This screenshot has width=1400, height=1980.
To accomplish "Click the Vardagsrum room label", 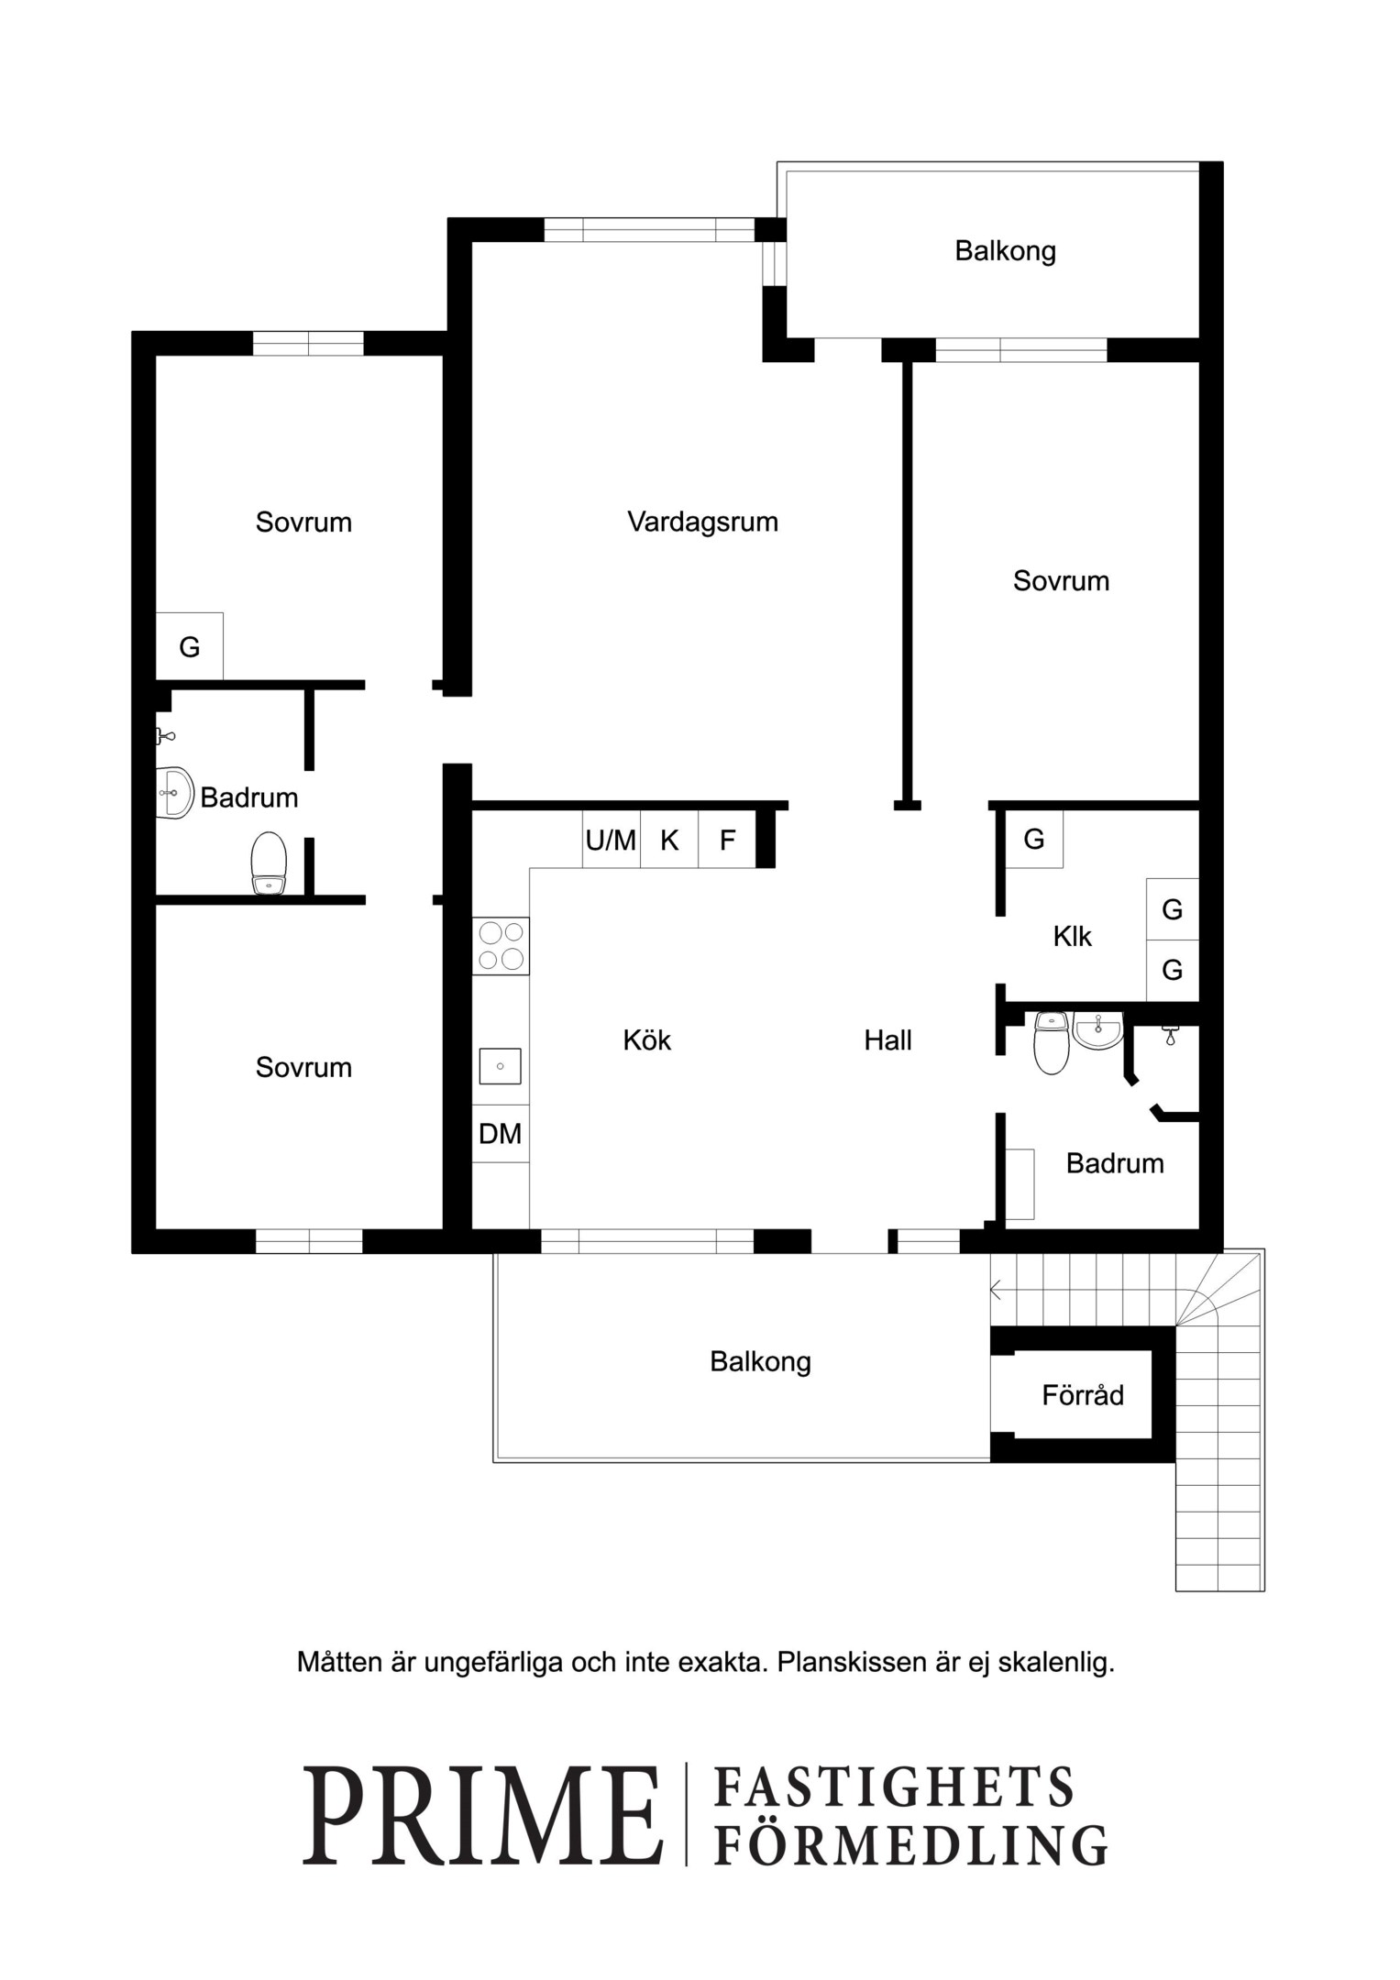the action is click(x=702, y=522).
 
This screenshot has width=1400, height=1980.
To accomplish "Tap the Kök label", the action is click(x=646, y=1040).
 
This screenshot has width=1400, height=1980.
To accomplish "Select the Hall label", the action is click(x=887, y=1040).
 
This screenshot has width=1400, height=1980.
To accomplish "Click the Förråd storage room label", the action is click(x=1083, y=1395).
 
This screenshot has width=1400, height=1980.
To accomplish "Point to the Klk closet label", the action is click(x=1072, y=937).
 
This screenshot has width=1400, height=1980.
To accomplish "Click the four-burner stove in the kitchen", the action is click(x=502, y=946).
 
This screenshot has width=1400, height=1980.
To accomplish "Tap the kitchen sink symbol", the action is click(x=501, y=1067).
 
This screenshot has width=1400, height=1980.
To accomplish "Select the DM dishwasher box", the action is click(x=501, y=1134).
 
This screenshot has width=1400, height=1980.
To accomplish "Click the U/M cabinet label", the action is click(x=611, y=840).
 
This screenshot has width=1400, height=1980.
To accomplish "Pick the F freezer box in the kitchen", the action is click(x=727, y=840).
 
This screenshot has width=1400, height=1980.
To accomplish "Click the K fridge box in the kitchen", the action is click(x=669, y=840).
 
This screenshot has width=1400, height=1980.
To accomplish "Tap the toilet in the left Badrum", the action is click(x=269, y=863).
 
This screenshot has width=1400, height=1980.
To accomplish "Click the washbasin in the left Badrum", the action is click(x=174, y=792).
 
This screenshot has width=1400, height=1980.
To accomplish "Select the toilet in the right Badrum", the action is click(x=1052, y=1042).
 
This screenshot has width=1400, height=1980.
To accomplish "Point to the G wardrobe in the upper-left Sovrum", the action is click(x=190, y=646).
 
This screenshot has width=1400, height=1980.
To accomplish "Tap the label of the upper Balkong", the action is click(x=1005, y=251).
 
